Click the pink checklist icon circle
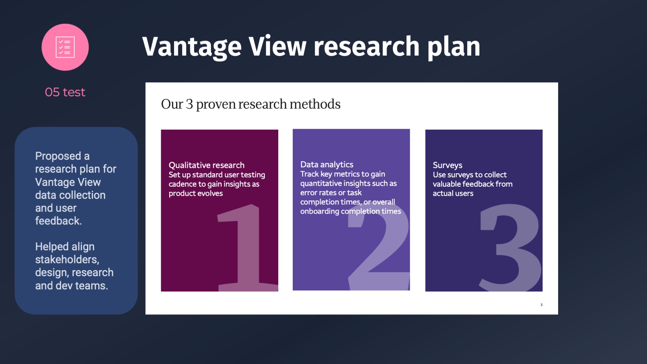(x=65, y=47)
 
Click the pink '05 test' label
(x=65, y=92)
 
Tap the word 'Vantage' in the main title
(x=192, y=47)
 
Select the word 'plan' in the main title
(x=454, y=47)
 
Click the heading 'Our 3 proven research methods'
(x=251, y=104)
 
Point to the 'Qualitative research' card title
(x=206, y=165)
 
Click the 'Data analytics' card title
(x=327, y=164)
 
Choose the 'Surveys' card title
(x=447, y=165)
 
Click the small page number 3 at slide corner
(x=541, y=305)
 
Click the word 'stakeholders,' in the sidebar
(x=67, y=259)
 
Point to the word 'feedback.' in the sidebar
(x=59, y=221)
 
